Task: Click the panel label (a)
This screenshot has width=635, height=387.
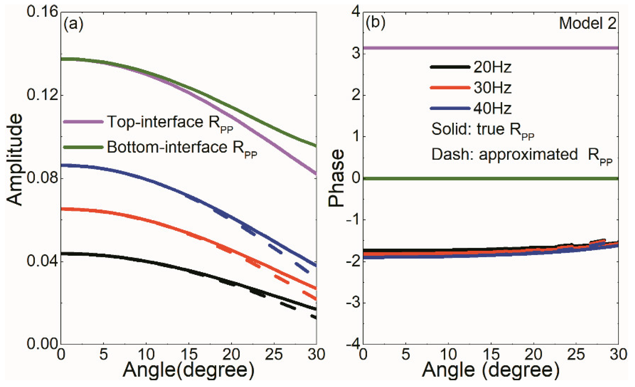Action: (73, 24)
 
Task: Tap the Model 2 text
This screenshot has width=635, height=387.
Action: (587, 23)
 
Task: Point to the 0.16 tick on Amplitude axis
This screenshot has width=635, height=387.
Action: (42, 12)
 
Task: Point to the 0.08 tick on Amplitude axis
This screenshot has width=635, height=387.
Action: (42, 178)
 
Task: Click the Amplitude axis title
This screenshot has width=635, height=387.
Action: (15, 160)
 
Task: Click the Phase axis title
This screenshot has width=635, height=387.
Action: (336, 178)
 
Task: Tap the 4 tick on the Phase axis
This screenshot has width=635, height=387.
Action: (356, 12)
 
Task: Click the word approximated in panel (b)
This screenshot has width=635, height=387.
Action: (528, 155)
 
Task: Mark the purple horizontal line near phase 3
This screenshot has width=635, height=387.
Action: (490, 48)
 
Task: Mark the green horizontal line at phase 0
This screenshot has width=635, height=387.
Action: (490, 179)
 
